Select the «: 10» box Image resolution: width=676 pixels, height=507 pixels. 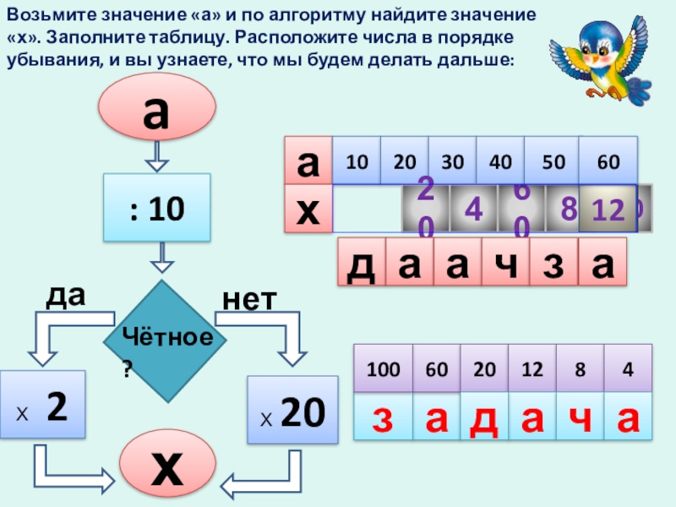click(x=156, y=206)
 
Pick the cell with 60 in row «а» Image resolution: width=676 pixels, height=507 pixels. click(x=608, y=161)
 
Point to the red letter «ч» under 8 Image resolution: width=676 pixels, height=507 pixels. click(x=580, y=416)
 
